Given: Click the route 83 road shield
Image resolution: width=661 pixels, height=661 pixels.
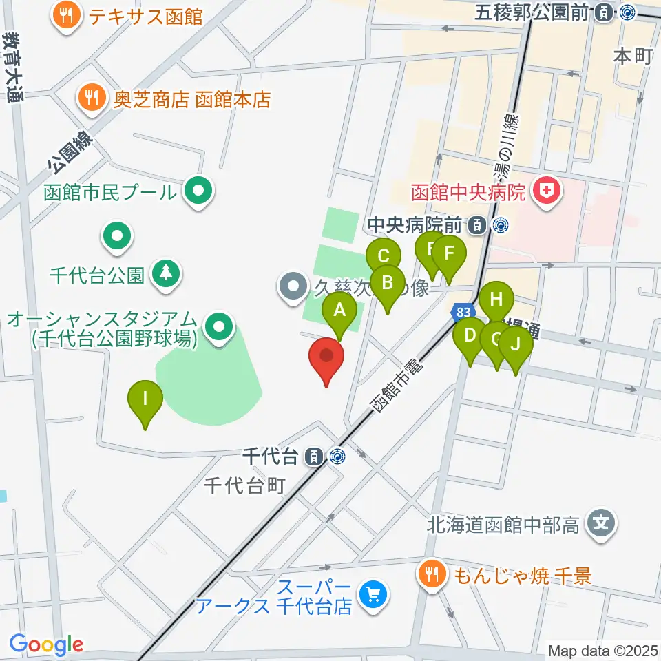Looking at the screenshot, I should click(462, 313).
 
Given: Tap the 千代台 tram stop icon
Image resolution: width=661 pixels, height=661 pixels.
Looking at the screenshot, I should click(314, 456).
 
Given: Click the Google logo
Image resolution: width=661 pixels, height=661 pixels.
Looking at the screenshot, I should click(45, 645).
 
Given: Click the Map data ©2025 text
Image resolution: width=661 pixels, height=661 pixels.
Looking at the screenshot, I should click(602, 650).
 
